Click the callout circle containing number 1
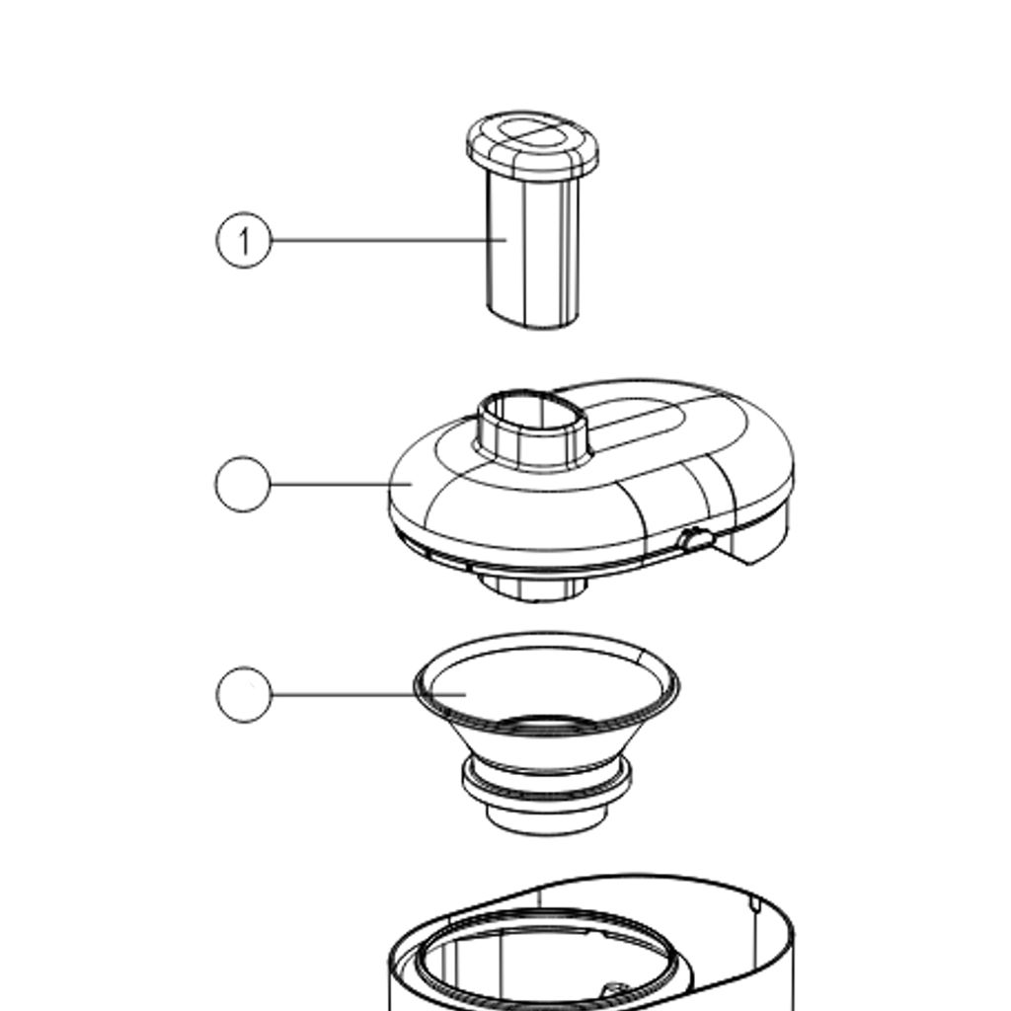(244, 241)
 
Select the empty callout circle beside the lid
(243, 484)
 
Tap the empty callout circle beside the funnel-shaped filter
(244, 694)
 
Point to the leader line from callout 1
(389, 241)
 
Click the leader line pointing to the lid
(342, 484)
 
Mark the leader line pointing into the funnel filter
(369, 694)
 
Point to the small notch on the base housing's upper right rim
(755, 902)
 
